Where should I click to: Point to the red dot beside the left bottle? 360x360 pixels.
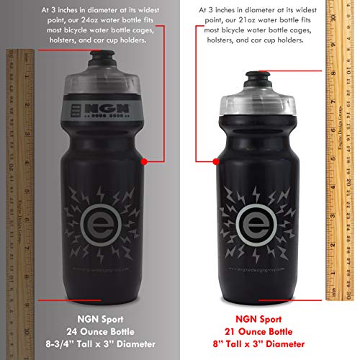(145, 162)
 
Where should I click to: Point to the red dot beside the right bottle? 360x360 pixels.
(214, 162)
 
